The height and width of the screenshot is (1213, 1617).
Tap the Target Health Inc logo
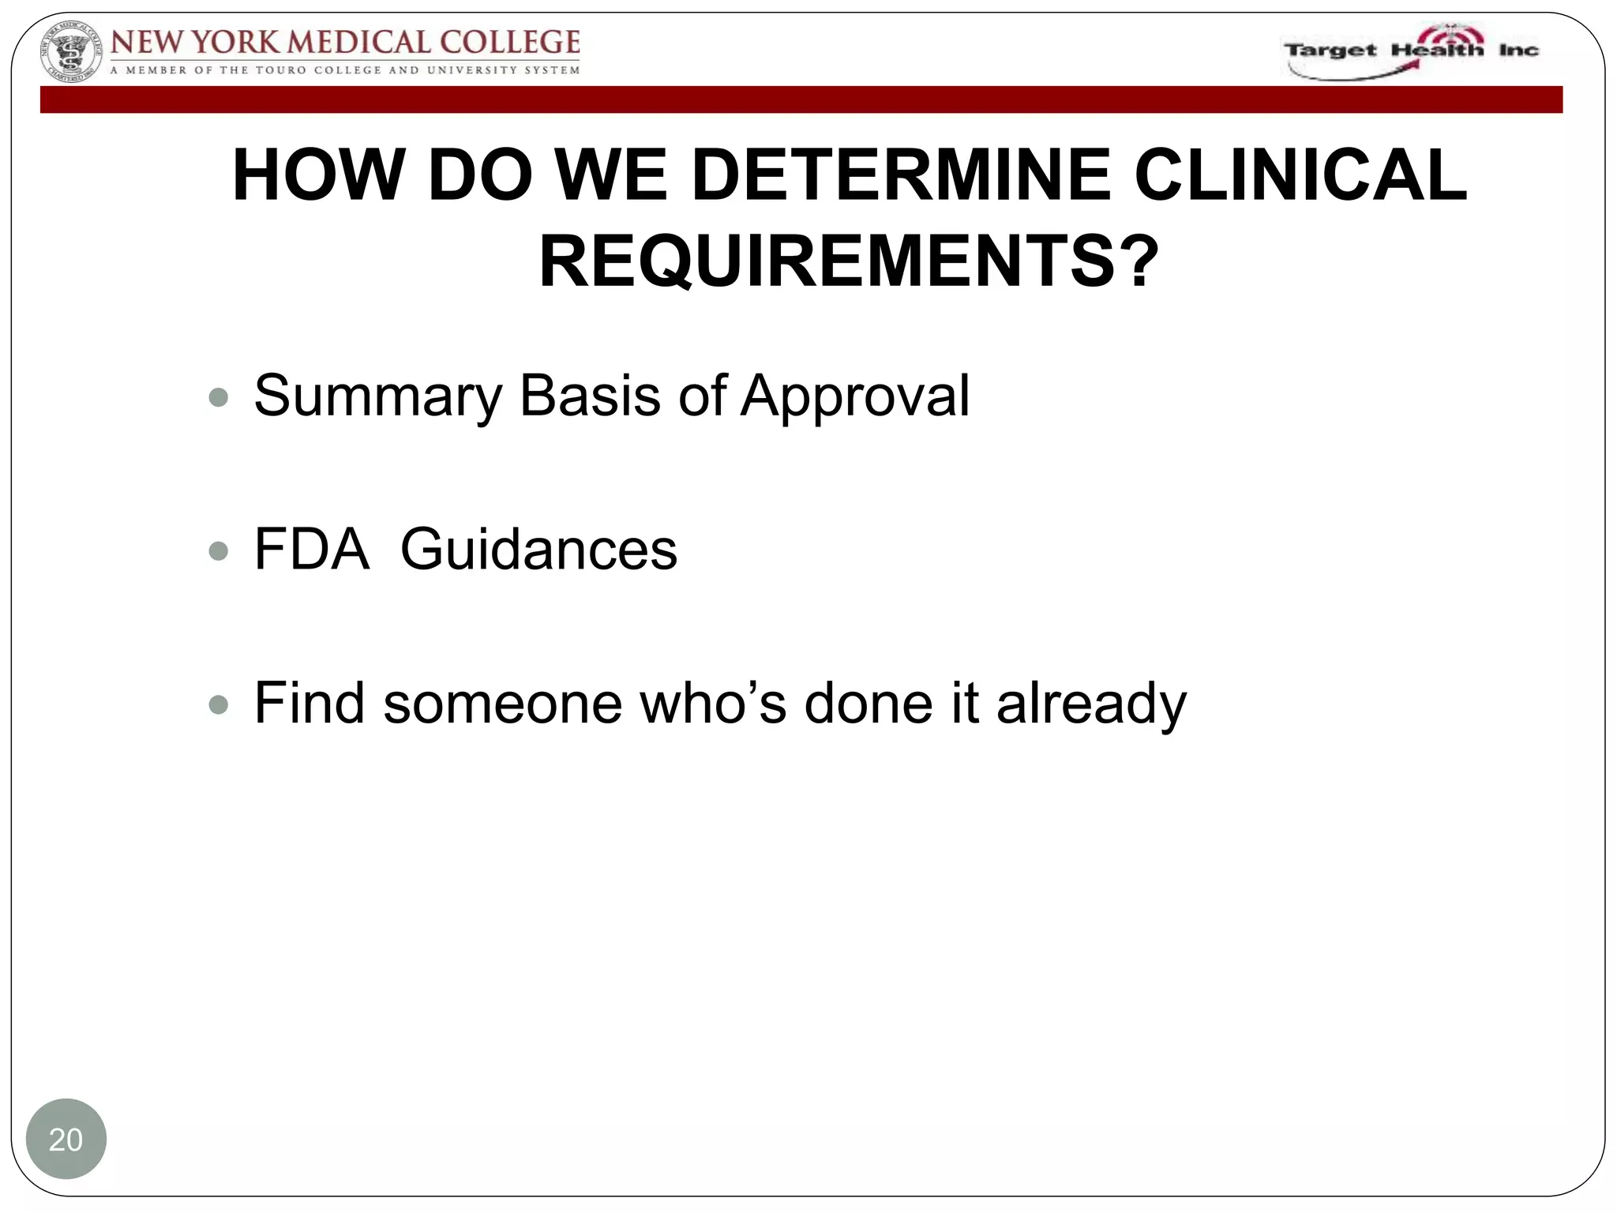pos(1410,52)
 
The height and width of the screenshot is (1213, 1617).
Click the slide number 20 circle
pos(66,1140)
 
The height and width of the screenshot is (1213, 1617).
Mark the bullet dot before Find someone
pos(218,704)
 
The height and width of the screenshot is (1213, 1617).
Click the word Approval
pos(855,396)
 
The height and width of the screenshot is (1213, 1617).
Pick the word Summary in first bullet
pos(377,396)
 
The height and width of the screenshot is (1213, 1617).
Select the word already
pos(1091,704)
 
